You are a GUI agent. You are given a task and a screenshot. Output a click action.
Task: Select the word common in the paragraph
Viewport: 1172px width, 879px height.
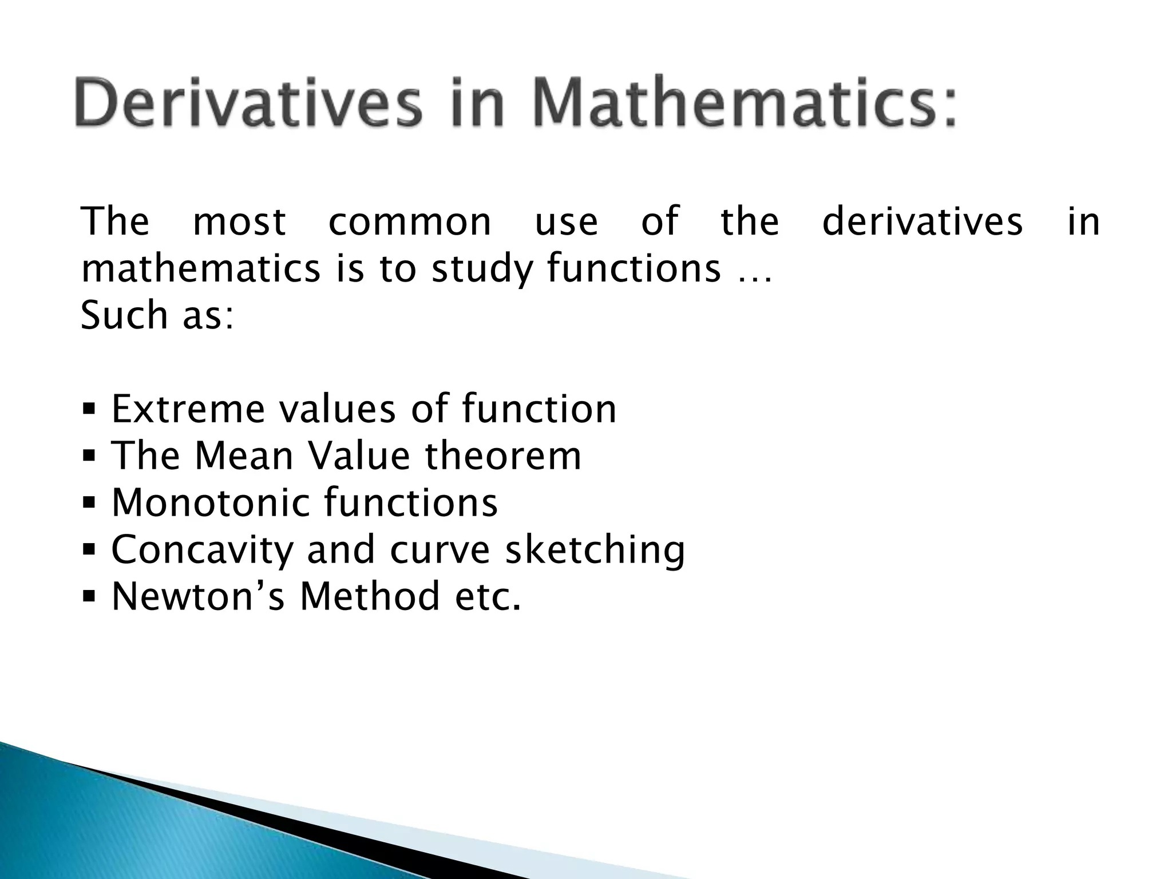(410, 221)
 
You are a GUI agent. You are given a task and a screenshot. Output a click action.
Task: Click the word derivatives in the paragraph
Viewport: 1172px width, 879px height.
(922, 221)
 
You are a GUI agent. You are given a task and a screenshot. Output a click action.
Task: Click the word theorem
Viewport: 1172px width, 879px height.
(503, 456)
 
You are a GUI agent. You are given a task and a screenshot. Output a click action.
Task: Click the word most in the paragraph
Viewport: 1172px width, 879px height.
(239, 221)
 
